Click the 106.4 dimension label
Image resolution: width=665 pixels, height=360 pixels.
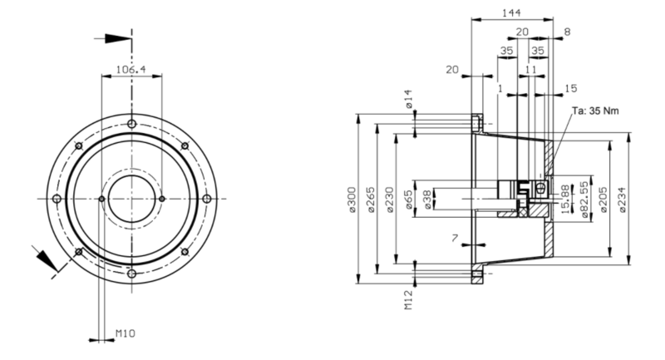click(x=131, y=69)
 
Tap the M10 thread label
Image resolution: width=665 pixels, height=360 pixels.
click(x=126, y=333)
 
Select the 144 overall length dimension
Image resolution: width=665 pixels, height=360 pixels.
click(x=511, y=12)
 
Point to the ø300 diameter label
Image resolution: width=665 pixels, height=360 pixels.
click(x=352, y=200)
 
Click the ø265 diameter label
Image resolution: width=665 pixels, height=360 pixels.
click(x=371, y=200)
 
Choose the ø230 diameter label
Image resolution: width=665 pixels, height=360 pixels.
click(x=389, y=200)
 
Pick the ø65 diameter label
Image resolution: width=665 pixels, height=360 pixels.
click(x=408, y=200)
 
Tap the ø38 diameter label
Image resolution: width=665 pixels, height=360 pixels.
click(x=427, y=200)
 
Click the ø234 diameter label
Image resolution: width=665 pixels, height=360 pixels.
click(x=622, y=200)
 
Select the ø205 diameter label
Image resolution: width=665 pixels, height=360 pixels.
click(x=603, y=200)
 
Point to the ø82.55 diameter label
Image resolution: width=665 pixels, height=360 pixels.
click(x=585, y=200)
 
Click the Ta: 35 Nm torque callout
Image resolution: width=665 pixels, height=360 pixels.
click(x=595, y=111)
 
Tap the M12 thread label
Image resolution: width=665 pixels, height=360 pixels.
click(x=408, y=300)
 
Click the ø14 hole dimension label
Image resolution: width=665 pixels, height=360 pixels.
click(x=408, y=99)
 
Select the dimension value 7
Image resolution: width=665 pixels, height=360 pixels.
click(x=455, y=239)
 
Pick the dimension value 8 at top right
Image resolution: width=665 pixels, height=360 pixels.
click(x=567, y=32)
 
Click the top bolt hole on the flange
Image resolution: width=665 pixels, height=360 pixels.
click(x=132, y=124)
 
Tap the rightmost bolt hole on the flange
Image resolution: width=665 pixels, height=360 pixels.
click(x=207, y=199)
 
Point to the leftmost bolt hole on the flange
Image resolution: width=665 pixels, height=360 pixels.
click(x=57, y=199)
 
